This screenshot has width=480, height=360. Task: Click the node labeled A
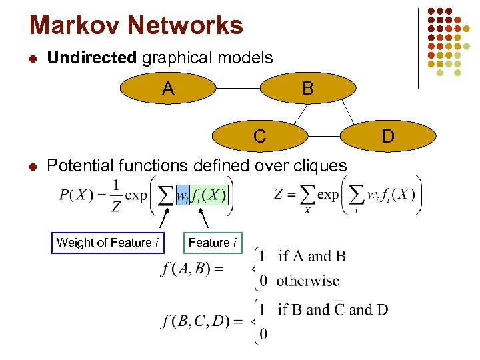[x=168, y=89]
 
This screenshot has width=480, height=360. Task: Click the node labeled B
[x=307, y=89]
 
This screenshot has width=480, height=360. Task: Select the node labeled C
[x=260, y=136]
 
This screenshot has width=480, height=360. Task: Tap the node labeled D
[x=388, y=136]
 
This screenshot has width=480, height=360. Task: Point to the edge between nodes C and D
[x=326, y=136]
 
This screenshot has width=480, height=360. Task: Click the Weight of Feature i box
[x=108, y=243]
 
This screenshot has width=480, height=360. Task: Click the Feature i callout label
[x=213, y=243]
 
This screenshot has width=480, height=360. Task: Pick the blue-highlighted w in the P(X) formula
[x=182, y=195]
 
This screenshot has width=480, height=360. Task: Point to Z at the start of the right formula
[x=280, y=195]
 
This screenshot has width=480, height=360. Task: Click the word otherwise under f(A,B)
[x=307, y=281]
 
